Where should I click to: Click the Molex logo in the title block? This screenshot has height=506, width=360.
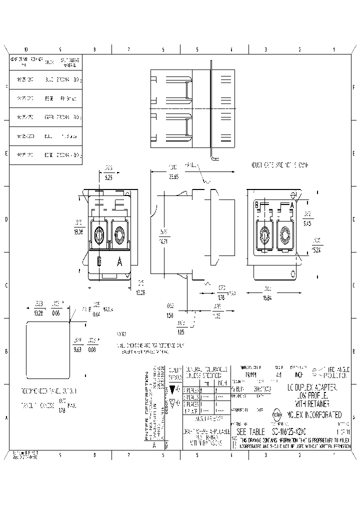pos(277,414)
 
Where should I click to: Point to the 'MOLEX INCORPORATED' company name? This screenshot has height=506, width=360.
pos(314,415)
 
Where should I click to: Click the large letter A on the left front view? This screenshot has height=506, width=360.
pos(119,261)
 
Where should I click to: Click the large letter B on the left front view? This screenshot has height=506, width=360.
pos(99,261)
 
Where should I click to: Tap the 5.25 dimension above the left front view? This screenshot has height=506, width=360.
pos(108,177)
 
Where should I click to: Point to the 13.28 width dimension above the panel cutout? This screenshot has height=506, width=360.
pos(38,312)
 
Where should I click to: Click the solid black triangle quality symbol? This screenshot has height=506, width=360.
pos(173,388)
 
